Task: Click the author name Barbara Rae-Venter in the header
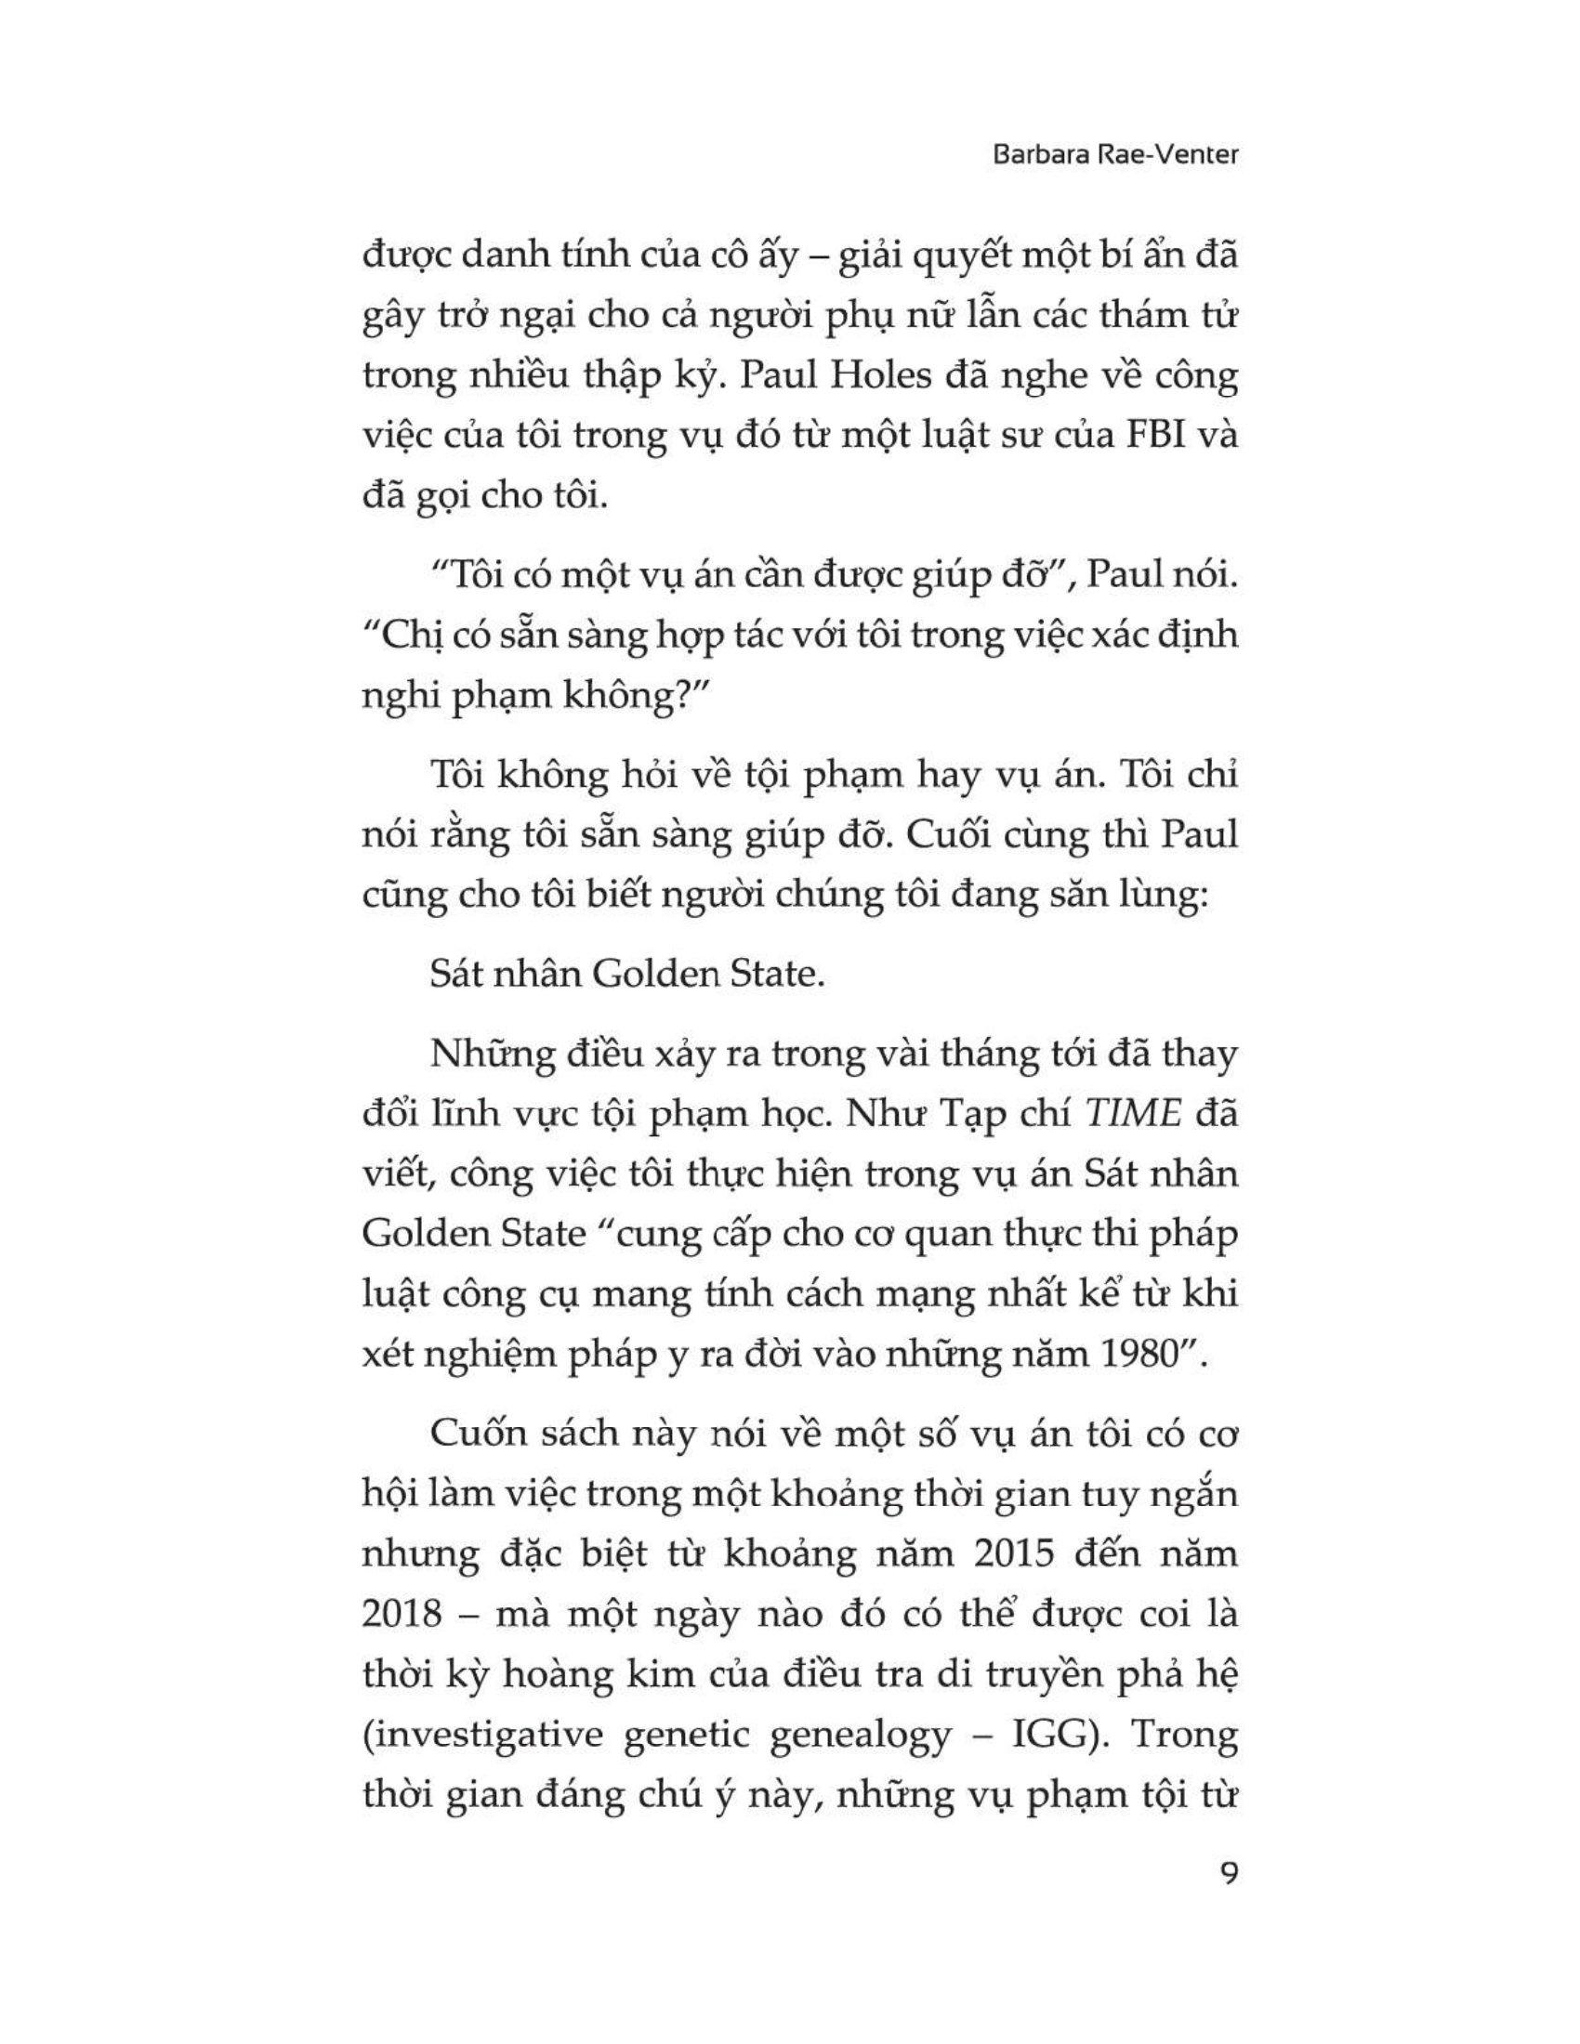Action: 1114,155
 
